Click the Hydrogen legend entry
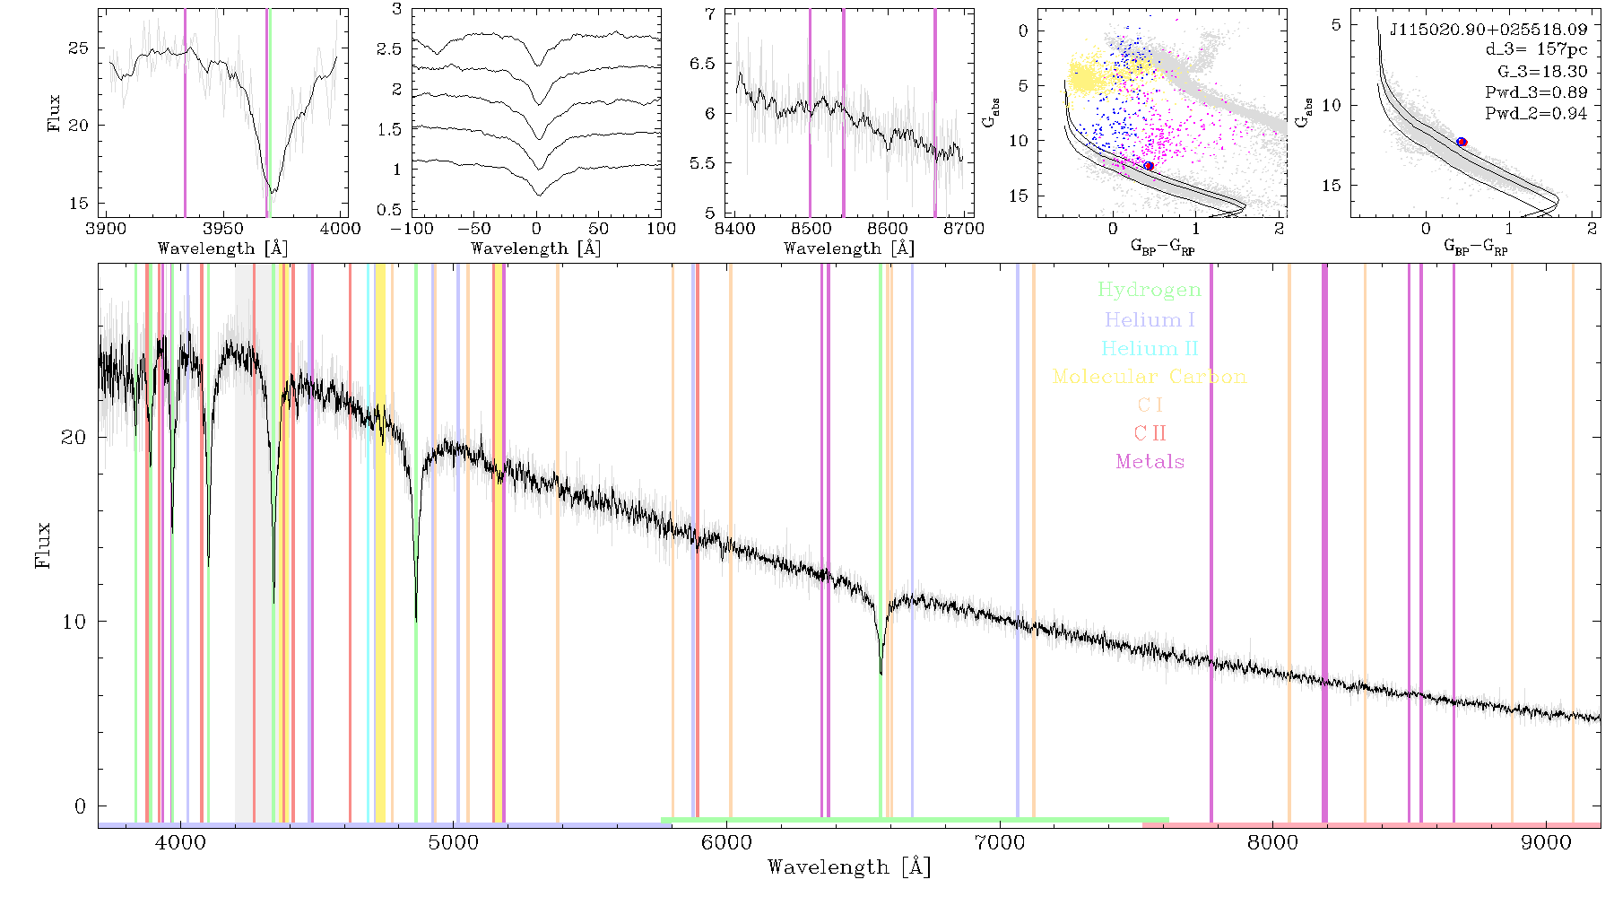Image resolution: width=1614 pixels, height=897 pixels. point(1150,290)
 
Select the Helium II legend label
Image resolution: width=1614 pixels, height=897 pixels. point(1150,348)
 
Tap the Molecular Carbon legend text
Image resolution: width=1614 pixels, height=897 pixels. point(1150,377)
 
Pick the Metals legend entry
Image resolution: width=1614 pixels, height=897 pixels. point(1150,462)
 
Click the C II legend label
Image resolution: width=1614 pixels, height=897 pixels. point(1150,433)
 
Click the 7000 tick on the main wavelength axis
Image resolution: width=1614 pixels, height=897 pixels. point(1000,843)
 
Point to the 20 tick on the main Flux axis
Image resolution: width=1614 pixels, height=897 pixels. point(74,438)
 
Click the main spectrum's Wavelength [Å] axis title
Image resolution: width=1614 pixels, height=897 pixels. point(849,867)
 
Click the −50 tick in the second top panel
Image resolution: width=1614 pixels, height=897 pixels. point(473,229)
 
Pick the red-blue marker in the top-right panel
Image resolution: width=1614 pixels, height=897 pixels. point(1462,142)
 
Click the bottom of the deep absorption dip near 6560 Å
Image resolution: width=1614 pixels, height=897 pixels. point(881,673)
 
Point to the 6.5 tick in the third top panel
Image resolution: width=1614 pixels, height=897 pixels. point(703,64)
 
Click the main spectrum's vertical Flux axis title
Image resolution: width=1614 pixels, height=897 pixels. point(42,544)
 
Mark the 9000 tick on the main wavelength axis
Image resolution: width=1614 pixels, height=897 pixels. point(1546,843)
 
